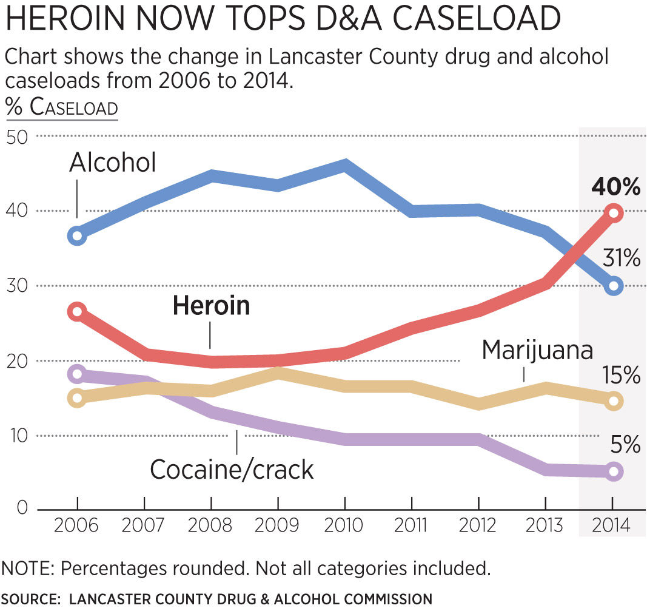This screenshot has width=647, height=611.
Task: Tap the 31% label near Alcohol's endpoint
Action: pyautogui.click(x=622, y=259)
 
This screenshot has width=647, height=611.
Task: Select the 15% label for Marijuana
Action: pyautogui.click(x=622, y=376)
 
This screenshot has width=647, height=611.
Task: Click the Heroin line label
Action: pyautogui.click(x=211, y=305)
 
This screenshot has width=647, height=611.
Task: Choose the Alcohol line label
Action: pyautogui.click(x=113, y=163)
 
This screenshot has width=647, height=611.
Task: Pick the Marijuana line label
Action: pyautogui.click(x=537, y=350)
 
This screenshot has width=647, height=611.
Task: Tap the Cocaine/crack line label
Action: pyautogui.click(x=232, y=470)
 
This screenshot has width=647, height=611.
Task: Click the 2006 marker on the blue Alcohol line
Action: pyautogui.click(x=77, y=235)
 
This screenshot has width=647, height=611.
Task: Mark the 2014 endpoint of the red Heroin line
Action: pyautogui.click(x=613, y=212)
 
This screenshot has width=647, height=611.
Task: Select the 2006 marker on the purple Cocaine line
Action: pyautogui.click(x=77, y=373)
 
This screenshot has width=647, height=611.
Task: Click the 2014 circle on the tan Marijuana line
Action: pyautogui.click(x=613, y=400)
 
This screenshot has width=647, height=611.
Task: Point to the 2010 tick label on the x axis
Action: pyautogui.click(x=344, y=525)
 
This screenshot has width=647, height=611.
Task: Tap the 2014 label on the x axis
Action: pyautogui.click(x=612, y=525)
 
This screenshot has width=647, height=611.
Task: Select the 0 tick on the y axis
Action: pyautogui.click(x=22, y=508)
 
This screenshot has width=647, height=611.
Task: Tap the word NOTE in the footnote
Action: pyautogui.click(x=27, y=569)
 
